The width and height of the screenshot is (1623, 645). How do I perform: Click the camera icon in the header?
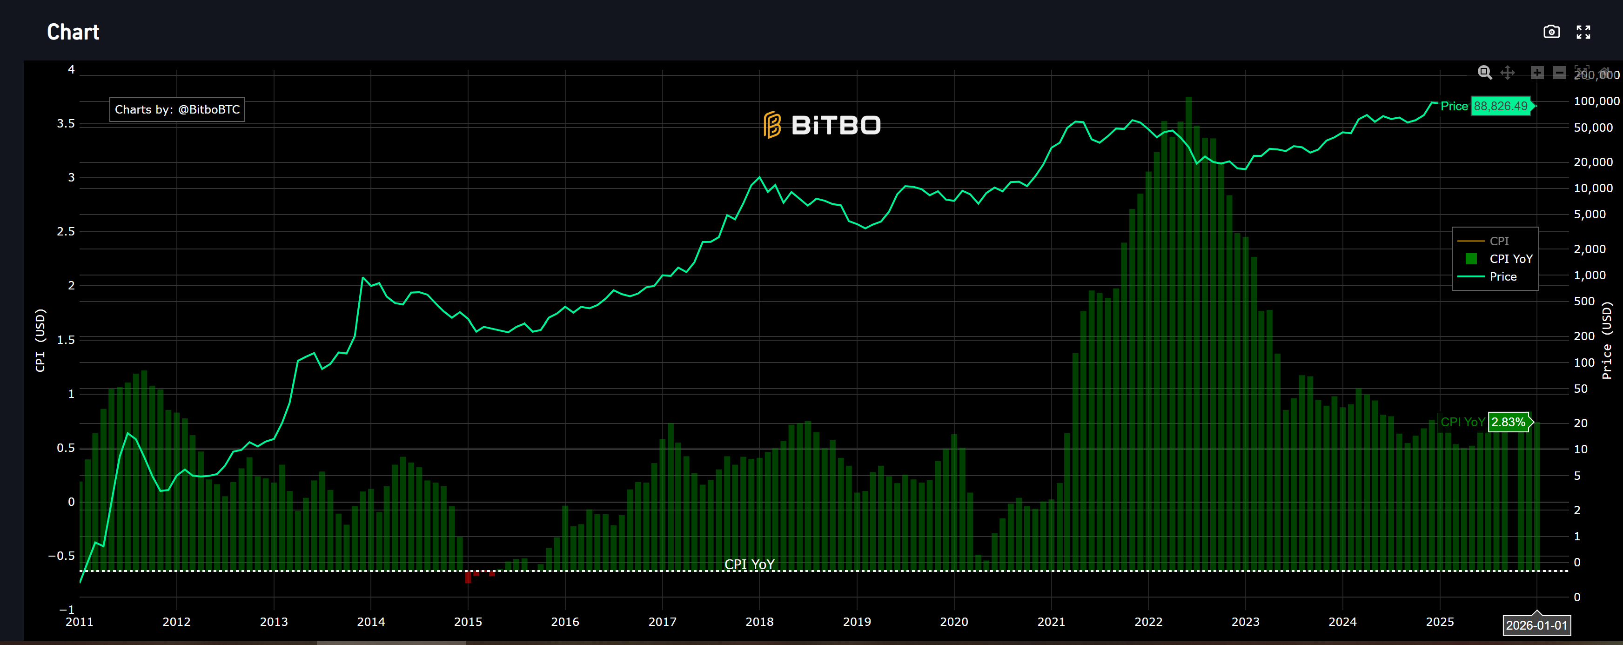pos(1551,32)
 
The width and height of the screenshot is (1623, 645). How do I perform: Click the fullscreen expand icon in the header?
pos(1583,32)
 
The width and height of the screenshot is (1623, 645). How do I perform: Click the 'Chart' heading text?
pos(73,32)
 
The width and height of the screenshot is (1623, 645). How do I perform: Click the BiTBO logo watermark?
pos(822,125)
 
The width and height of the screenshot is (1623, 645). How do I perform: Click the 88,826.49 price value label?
pos(1500,106)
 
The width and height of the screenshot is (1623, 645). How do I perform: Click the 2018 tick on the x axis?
pos(759,622)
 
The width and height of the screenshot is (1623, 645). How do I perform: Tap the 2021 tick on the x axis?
pos(1051,622)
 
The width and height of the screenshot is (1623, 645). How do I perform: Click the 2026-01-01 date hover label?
pos(1536,625)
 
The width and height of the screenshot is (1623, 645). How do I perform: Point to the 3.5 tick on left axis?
pos(66,123)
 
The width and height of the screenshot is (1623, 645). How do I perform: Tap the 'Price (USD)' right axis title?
pos(1607,340)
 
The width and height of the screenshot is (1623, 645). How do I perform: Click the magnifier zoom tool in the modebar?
pos(1484,73)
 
